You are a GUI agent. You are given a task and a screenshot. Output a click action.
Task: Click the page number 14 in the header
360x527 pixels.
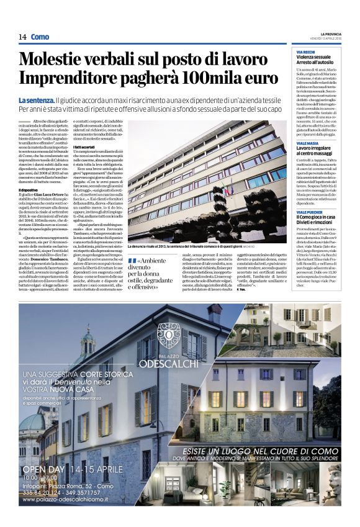tap(22, 37)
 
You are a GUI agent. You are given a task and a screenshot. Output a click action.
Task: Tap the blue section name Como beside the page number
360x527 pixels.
tap(40, 37)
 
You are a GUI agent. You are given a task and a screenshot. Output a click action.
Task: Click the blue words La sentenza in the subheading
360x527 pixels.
tap(35, 100)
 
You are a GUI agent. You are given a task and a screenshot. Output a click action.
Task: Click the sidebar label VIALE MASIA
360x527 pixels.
tap(307, 142)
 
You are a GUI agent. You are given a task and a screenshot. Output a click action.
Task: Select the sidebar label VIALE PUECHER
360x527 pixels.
tap(308, 210)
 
